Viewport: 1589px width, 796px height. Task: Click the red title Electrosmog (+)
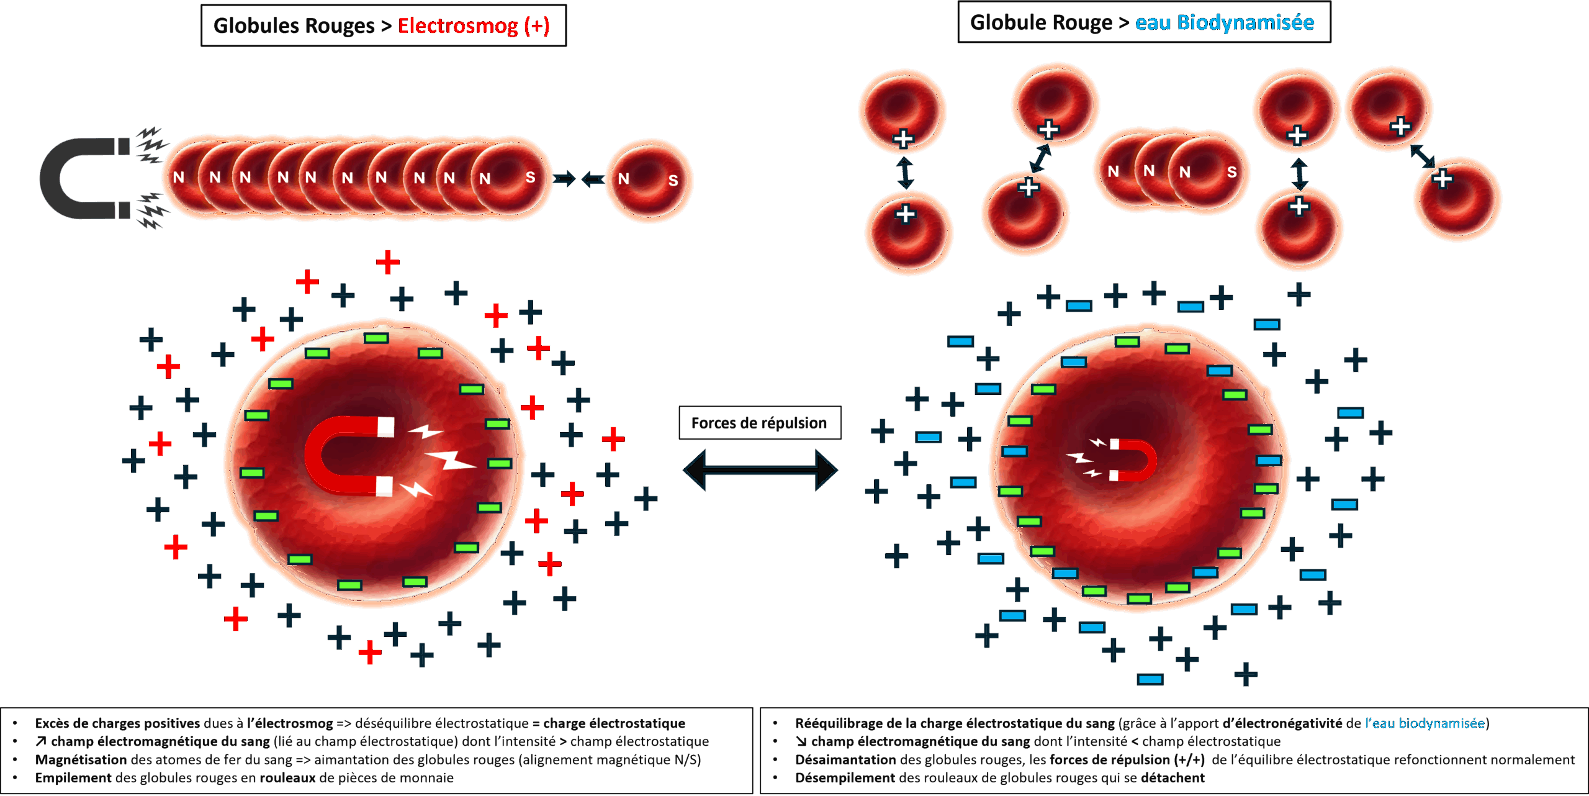pyautogui.click(x=473, y=26)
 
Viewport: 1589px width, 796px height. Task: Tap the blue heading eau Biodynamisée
pyautogui.click(x=1224, y=23)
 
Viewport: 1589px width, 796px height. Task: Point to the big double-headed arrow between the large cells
pyautogui.click(x=760, y=471)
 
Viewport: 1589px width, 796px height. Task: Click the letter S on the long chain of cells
pyautogui.click(x=530, y=178)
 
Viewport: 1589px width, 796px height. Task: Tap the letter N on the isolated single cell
pyautogui.click(x=624, y=179)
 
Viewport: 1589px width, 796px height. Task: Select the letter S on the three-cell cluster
pyautogui.click(x=1231, y=172)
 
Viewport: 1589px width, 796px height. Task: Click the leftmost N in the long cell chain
pyautogui.click(x=179, y=178)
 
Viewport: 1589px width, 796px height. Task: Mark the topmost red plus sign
pyautogui.click(x=388, y=263)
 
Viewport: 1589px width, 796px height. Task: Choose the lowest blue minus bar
pyautogui.click(x=1150, y=679)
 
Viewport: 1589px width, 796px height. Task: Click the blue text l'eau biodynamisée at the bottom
pyautogui.click(x=1425, y=723)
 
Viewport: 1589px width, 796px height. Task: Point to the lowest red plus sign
pyautogui.click(x=370, y=653)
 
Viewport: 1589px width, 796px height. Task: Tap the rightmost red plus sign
pyautogui.click(x=613, y=439)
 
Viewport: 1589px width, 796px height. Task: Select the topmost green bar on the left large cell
pyautogui.click(x=376, y=338)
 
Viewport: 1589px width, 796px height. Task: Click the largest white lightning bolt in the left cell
pyautogui.click(x=452, y=460)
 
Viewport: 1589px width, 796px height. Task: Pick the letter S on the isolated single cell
pyautogui.click(x=673, y=181)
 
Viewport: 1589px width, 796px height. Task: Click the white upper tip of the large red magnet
pyautogui.click(x=386, y=427)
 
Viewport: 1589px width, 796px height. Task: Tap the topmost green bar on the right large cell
pyautogui.click(x=1127, y=341)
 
